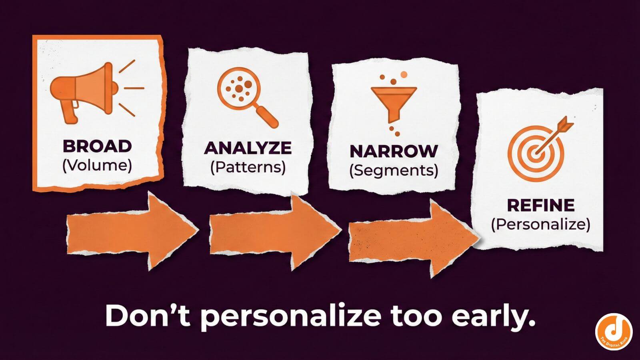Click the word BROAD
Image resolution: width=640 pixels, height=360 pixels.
click(x=97, y=146)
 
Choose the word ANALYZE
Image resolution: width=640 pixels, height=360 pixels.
click(x=248, y=148)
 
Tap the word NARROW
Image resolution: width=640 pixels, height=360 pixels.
click(x=394, y=151)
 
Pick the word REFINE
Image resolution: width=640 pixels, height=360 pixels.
click(x=540, y=205)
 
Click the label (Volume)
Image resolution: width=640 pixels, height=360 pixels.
click(x=97, y=165)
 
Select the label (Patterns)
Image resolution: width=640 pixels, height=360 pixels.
click(x=248, y=167)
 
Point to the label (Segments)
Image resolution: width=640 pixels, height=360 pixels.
click(x=394, y=170)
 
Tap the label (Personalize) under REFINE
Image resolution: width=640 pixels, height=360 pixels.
click(x=540, y=224)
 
